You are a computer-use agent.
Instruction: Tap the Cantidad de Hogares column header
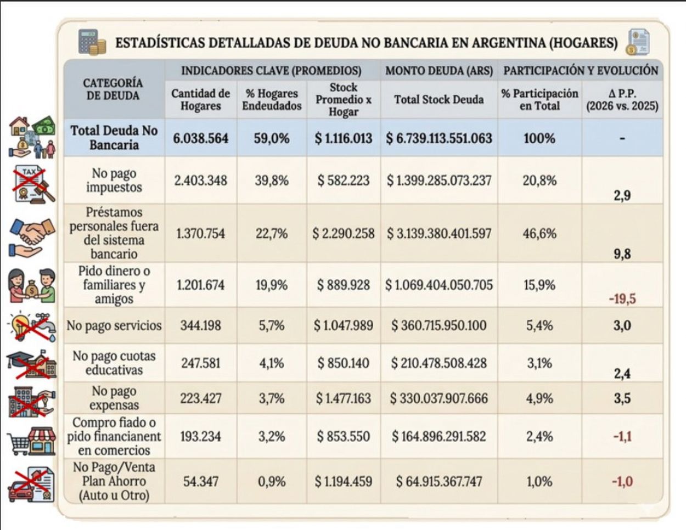(200, 100)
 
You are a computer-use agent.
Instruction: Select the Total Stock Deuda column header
(438, 100)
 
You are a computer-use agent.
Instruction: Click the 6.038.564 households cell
(200, 138)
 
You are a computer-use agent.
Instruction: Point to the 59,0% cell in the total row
(272, 138)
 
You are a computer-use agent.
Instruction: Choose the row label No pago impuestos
(114, 180)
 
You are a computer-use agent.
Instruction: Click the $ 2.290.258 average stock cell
(344, 233)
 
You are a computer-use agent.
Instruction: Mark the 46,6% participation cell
(539, 233)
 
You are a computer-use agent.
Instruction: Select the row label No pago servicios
(114, 325)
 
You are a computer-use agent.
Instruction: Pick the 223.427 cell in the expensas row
(200, 398)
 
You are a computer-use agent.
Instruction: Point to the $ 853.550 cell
(344, 437)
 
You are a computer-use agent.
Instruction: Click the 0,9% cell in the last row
(272, 482)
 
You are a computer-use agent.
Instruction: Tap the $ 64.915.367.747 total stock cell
(439, 482)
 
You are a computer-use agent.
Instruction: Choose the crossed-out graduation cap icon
(32, 364)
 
